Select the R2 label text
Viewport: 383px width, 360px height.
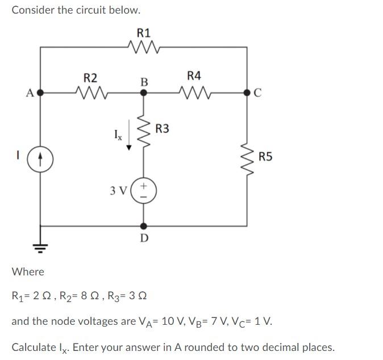coord(90,77)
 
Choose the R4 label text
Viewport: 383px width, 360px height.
coord(194,76)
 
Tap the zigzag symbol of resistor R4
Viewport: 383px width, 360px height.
coord(194,91)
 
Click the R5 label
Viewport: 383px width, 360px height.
coord(265,156)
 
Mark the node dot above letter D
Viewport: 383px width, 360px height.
coord(143,224)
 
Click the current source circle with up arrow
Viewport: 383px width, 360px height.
coord(40,158)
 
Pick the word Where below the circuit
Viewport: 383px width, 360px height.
coord(28,271)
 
